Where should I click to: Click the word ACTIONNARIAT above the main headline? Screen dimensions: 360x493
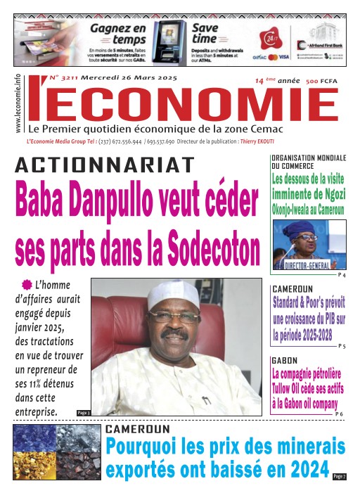104,165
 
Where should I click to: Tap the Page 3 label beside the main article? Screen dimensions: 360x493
82,412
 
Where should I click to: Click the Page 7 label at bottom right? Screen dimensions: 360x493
339,478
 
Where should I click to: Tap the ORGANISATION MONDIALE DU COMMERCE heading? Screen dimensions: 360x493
308,160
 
